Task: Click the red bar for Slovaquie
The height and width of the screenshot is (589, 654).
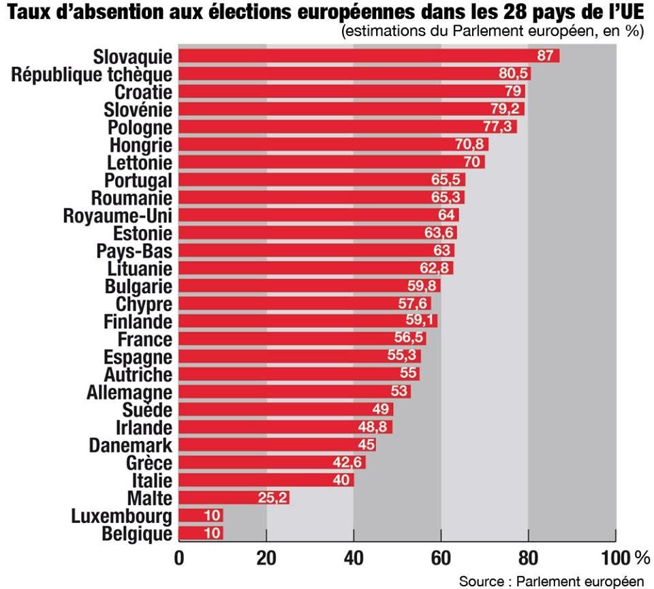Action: (x=368, y=56)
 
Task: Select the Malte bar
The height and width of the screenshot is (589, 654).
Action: (x=234, y=498)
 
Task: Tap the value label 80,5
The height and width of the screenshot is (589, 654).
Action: (x=514, y=74)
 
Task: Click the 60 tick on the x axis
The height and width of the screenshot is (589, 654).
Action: (x=441, y=558)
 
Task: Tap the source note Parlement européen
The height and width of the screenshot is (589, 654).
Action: (x=551, y=581)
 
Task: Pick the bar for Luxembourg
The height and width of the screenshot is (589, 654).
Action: (x=201, y=515)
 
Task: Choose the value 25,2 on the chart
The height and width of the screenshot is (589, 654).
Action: (x=271, y=498)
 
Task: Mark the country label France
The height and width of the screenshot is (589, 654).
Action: (x=145, y=339)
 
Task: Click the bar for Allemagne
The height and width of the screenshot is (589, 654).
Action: (x=294, y=392)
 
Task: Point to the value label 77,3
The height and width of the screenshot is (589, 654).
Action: (x=499, y=127)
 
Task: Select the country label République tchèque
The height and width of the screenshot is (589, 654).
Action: (x=92, y=74)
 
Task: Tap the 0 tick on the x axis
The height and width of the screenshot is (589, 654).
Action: (x=179, y=558)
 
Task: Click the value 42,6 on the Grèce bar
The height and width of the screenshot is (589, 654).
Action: (x=349, y=462)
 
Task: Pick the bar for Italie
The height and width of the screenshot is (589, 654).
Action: (x=266, y=480)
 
